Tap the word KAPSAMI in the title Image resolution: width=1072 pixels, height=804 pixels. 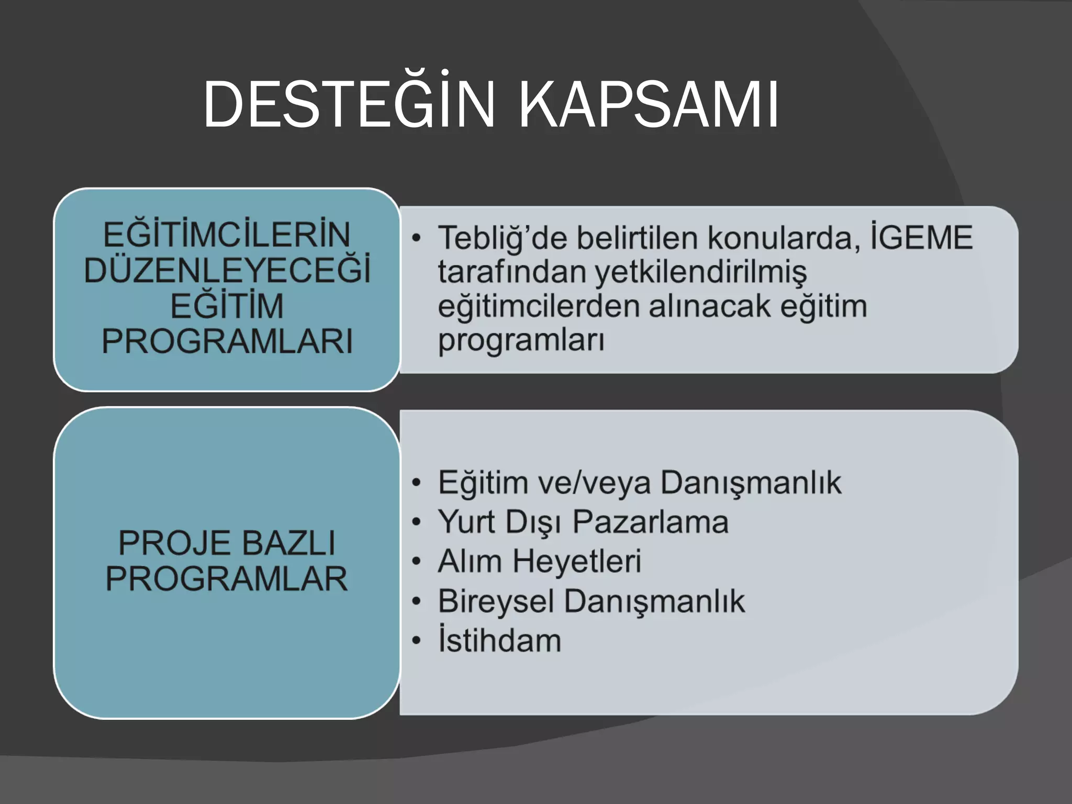coord(649,105)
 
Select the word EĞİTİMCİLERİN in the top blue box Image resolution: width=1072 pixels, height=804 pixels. coord(227,235)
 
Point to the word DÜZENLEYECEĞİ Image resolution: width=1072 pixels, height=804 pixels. coord(227,271)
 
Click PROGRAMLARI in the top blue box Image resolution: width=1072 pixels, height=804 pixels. coord(227,342)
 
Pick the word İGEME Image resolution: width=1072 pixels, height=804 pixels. coord(921,238)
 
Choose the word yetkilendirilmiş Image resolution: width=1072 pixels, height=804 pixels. coord(700,273)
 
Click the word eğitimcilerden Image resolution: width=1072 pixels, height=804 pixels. coord(538,307)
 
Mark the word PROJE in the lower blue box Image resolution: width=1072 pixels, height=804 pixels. coord(166,543)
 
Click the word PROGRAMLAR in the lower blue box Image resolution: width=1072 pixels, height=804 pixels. coord(227,579)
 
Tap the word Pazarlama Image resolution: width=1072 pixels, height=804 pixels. coord(650,522)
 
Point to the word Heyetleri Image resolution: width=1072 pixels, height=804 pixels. coord(576,562)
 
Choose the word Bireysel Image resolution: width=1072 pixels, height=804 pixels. coord(496,601)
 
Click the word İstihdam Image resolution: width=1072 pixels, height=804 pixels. coord(499,640)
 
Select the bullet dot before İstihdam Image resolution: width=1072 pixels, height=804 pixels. coord(416,641)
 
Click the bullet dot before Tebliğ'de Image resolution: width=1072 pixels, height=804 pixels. coord(416,239)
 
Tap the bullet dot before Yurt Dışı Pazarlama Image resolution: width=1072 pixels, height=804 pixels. coord(416,522)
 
